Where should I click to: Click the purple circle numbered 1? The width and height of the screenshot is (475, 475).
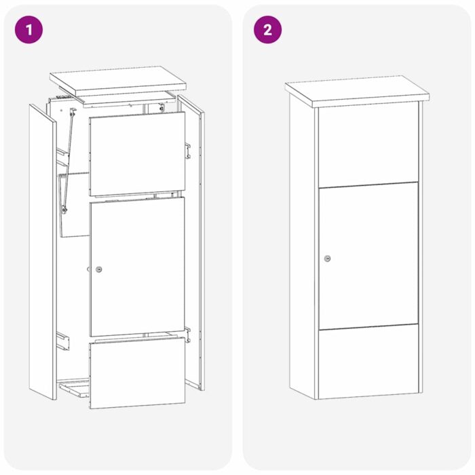click(28, 29)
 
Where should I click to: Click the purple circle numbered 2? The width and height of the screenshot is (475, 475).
click(267, 29)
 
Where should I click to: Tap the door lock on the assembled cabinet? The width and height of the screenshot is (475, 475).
click(328, 259)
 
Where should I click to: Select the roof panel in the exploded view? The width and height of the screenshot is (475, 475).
click(118, 80)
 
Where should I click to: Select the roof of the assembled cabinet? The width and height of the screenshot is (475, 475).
click(357, 91)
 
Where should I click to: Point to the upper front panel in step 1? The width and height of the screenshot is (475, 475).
click(137, 154)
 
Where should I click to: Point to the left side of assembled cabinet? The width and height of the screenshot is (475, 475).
click(303, 251)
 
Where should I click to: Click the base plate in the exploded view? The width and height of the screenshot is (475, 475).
click(75, 391)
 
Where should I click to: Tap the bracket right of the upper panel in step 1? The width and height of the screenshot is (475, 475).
click(187, 149)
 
